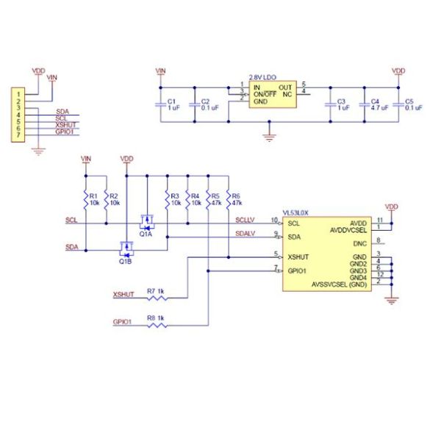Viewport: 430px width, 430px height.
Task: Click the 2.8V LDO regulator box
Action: pos(269,94)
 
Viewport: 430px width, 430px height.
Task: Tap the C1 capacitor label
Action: pos(173,104)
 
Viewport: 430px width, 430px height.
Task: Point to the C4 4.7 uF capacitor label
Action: pos(375,104)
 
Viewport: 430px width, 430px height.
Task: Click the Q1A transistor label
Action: pos(146,234)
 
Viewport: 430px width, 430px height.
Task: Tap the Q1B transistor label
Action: pos(124,261)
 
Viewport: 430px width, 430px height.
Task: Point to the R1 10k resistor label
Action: pos(93,200)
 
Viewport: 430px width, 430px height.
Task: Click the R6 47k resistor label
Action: pos(236,200)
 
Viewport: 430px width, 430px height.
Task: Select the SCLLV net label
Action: pos(245,219)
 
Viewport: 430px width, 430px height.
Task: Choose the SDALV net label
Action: pos(245,234)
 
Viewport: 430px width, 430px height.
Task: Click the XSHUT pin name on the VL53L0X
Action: pos(298,257)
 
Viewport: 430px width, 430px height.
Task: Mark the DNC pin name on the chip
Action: pos(359,243)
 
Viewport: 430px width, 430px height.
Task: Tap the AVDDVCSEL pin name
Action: pos(348,229)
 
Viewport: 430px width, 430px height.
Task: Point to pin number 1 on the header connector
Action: pos(18,93)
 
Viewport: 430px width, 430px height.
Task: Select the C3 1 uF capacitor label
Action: pos(341,104)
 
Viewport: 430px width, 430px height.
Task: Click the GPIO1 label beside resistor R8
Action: pos(122,321)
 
